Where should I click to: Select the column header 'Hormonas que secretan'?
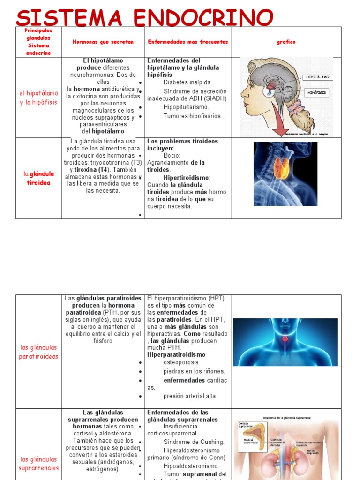coord(103,42)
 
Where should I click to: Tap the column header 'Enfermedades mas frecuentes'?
coord(188,42)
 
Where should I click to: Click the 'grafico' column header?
coord(286,42)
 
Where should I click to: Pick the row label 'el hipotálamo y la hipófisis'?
coord(39,97)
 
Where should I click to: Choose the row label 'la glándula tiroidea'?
coord(39,178)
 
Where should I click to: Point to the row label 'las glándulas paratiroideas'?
coord(39,352)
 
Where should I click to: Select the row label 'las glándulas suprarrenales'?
coord(39,463)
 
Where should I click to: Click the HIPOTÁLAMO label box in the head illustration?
coord(318,77)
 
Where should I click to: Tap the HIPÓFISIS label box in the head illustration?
coord(317,93)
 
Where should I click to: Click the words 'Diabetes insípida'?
coord(187,82)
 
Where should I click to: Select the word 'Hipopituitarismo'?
coord(186,107)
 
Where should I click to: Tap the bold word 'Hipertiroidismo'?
coord(187,178)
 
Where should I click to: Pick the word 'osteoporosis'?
coord(181,362)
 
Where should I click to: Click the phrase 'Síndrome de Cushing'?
coord(194,442)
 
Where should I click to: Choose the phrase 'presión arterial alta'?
coord(190,396)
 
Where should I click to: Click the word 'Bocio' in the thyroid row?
coord(172,155)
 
